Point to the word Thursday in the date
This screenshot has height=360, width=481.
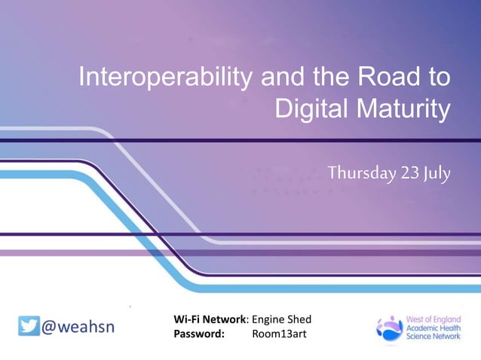pos(361,173)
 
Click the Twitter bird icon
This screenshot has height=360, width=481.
pos(29,327)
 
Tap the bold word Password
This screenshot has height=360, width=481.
pos(199,334)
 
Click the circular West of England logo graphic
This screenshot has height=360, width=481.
pos(390,328)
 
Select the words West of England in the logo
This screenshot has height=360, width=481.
pos(432,319)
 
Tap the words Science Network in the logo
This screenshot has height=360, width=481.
pos(433,337)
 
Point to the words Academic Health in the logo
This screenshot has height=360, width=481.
pos(433,328)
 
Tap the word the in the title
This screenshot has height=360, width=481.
pos(329,78)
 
